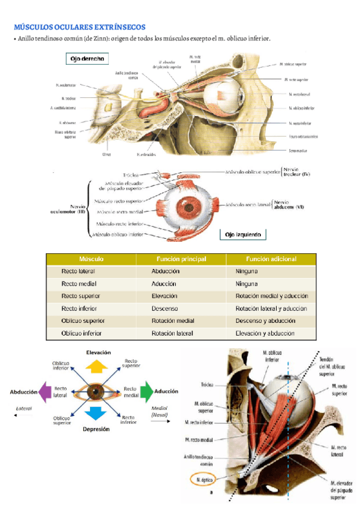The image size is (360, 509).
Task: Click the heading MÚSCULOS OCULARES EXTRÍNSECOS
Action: [x=79, y=27]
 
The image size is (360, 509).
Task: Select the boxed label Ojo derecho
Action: [x=88, y=59]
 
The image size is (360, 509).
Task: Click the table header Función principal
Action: [x=181, y=259]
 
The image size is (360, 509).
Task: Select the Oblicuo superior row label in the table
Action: [x=83, y=321]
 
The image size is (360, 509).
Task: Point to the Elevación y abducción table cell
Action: [x=265, y=333]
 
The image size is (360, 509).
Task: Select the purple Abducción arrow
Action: [x=43, y=392]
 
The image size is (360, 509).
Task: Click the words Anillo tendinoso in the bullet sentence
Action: [x=41, y=39]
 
